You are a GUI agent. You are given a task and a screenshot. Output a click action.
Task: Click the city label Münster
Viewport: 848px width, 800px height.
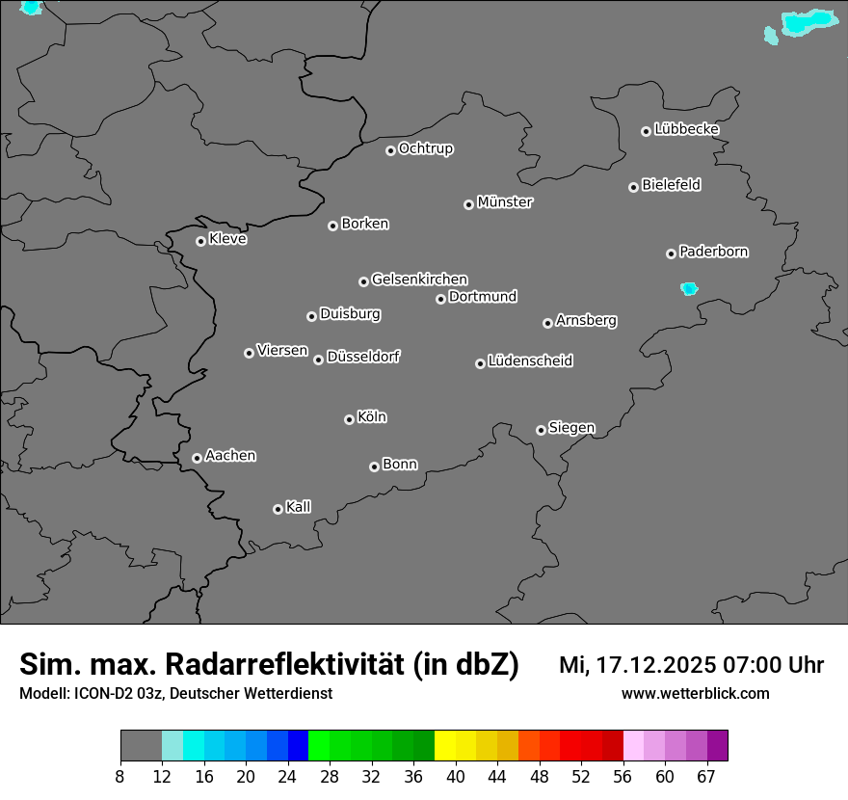(x=505, y=202)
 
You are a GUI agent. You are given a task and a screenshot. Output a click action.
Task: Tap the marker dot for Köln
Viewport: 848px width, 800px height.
(x=349, y=419)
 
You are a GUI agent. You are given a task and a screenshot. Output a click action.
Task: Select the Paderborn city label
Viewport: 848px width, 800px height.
(x=714, y=252)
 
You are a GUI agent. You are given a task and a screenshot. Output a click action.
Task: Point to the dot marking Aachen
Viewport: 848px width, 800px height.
(x=197, y=458)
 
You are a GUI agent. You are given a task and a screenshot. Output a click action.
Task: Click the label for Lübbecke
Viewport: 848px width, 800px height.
(x=686, y=129)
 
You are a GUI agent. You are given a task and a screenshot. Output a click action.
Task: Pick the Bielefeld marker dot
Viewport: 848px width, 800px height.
(x=633, y=187)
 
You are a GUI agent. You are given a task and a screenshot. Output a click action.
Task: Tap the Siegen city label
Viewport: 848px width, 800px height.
(x=571, y=428)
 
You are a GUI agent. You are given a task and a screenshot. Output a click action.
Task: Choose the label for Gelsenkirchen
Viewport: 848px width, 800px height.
(x=419, y=280)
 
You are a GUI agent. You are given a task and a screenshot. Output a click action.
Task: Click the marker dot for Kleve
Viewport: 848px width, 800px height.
(x=200, y=241)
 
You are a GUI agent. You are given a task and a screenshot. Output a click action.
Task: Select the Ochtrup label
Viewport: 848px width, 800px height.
(x=426, y=148)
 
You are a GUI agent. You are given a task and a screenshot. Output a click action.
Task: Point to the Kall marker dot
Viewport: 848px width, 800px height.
(x=278, y=509)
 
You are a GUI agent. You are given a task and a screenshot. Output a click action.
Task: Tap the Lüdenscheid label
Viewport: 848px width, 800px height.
(x=530, y=361)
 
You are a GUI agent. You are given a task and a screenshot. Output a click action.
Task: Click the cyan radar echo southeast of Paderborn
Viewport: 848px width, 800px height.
(x=689, y=288)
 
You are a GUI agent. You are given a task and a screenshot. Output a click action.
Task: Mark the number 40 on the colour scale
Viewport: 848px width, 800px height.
(x=456, y=777)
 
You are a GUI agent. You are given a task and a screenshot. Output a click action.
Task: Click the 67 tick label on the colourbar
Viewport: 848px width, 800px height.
(x=706, y=777)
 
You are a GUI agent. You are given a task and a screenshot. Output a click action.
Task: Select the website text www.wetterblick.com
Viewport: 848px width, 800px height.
(x=696, y=693)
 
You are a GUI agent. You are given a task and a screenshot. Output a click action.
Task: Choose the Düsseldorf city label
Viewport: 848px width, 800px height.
(x=363, y=357)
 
